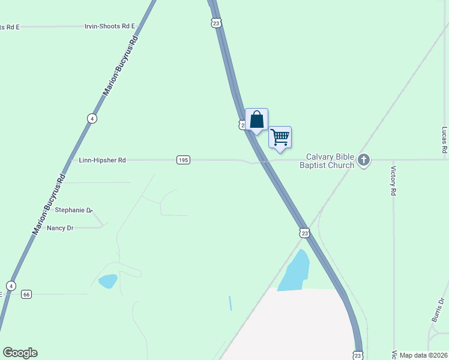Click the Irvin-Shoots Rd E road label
(x=110, y=26)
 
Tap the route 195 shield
(x=184, y=160)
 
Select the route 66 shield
(x=26, y=294)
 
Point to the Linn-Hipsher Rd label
(x=102, y=160)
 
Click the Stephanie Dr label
(x=74, y=210)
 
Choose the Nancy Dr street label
(x=60, y=228)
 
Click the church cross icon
(x=363, y=160)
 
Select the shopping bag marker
(x=257, y=119)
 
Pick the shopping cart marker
(x=280, y=137)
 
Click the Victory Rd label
(x=394, y=181)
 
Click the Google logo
(x=20, y=353)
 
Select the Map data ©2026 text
(x=423, y=355)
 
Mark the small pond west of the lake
(x=108, y=281)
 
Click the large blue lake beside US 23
(x=294, y=273)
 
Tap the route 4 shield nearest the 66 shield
(x=11, y=285)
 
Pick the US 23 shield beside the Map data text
(x=358, y=355)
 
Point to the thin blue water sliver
(x=230, y=303)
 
